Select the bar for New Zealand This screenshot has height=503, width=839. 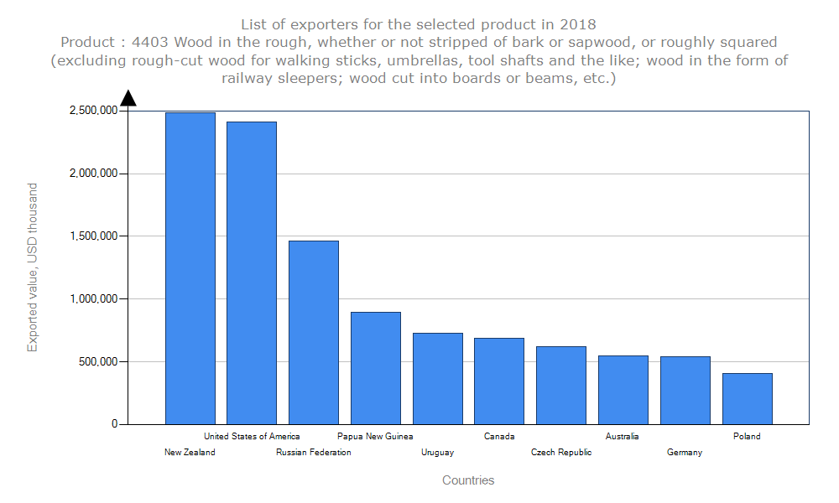pyautogui.click(x=190, y=268)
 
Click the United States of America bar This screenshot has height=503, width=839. pyautogui.click(x=252, y=272)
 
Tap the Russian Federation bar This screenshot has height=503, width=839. pyautogui.click(x=314, y=332)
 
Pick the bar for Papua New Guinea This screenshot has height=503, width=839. pyautogui.click(x=376, y=368)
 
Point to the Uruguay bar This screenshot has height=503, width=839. pyautogui.click(x=437, y=378)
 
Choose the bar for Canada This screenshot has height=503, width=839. pyautogui.click(x=499, y=381)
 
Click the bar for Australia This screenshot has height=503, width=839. pyautogui.click(x=623, y=390)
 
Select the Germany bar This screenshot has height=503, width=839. pyautogui.click(x=685, y=390)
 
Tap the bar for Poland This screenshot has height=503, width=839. pyautogui.click(x=747, y=398)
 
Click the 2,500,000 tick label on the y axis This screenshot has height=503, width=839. pyautogui.click(x=93, y=111)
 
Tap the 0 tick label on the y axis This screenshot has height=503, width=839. pyautogui.click(x=115, y=424)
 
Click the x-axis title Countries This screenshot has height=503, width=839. pyautogui.click(x=468, y=480)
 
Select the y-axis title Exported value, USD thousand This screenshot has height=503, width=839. pyautogui.click(x=33, y=267)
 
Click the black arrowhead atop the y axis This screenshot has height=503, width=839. pyautogui.click(x=128, y=99)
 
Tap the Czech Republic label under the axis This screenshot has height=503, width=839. pyautogui.click(x=561, y=453)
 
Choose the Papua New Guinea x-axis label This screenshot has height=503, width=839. pyautogui.click(x=375, y=436)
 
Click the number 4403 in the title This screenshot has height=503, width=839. pyautogui.click(x=152, y=42)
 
